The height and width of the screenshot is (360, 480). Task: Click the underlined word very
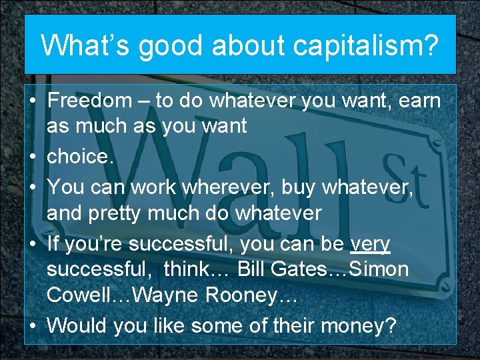click(x=371, y=243)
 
